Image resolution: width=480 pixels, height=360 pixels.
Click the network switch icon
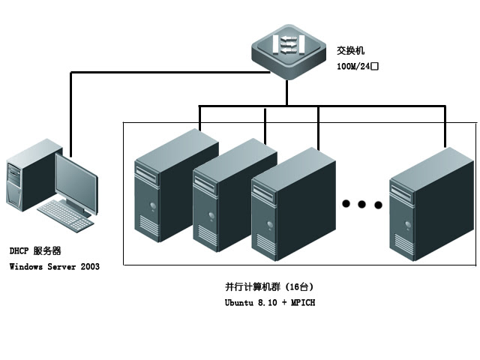click(x=288, y=52)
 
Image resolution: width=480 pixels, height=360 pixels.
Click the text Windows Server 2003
click(x=54, y=266)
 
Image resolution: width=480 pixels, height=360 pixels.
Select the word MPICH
click(x=303, y=302)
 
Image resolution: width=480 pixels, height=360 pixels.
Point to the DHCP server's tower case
click(x=22, y=180)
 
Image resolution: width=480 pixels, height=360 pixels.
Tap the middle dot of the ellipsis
click(x=361, y=204)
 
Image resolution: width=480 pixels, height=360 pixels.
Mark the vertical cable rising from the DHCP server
click(x=70, y=112)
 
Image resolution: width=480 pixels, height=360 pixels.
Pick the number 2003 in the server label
click(x=88, y=266)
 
